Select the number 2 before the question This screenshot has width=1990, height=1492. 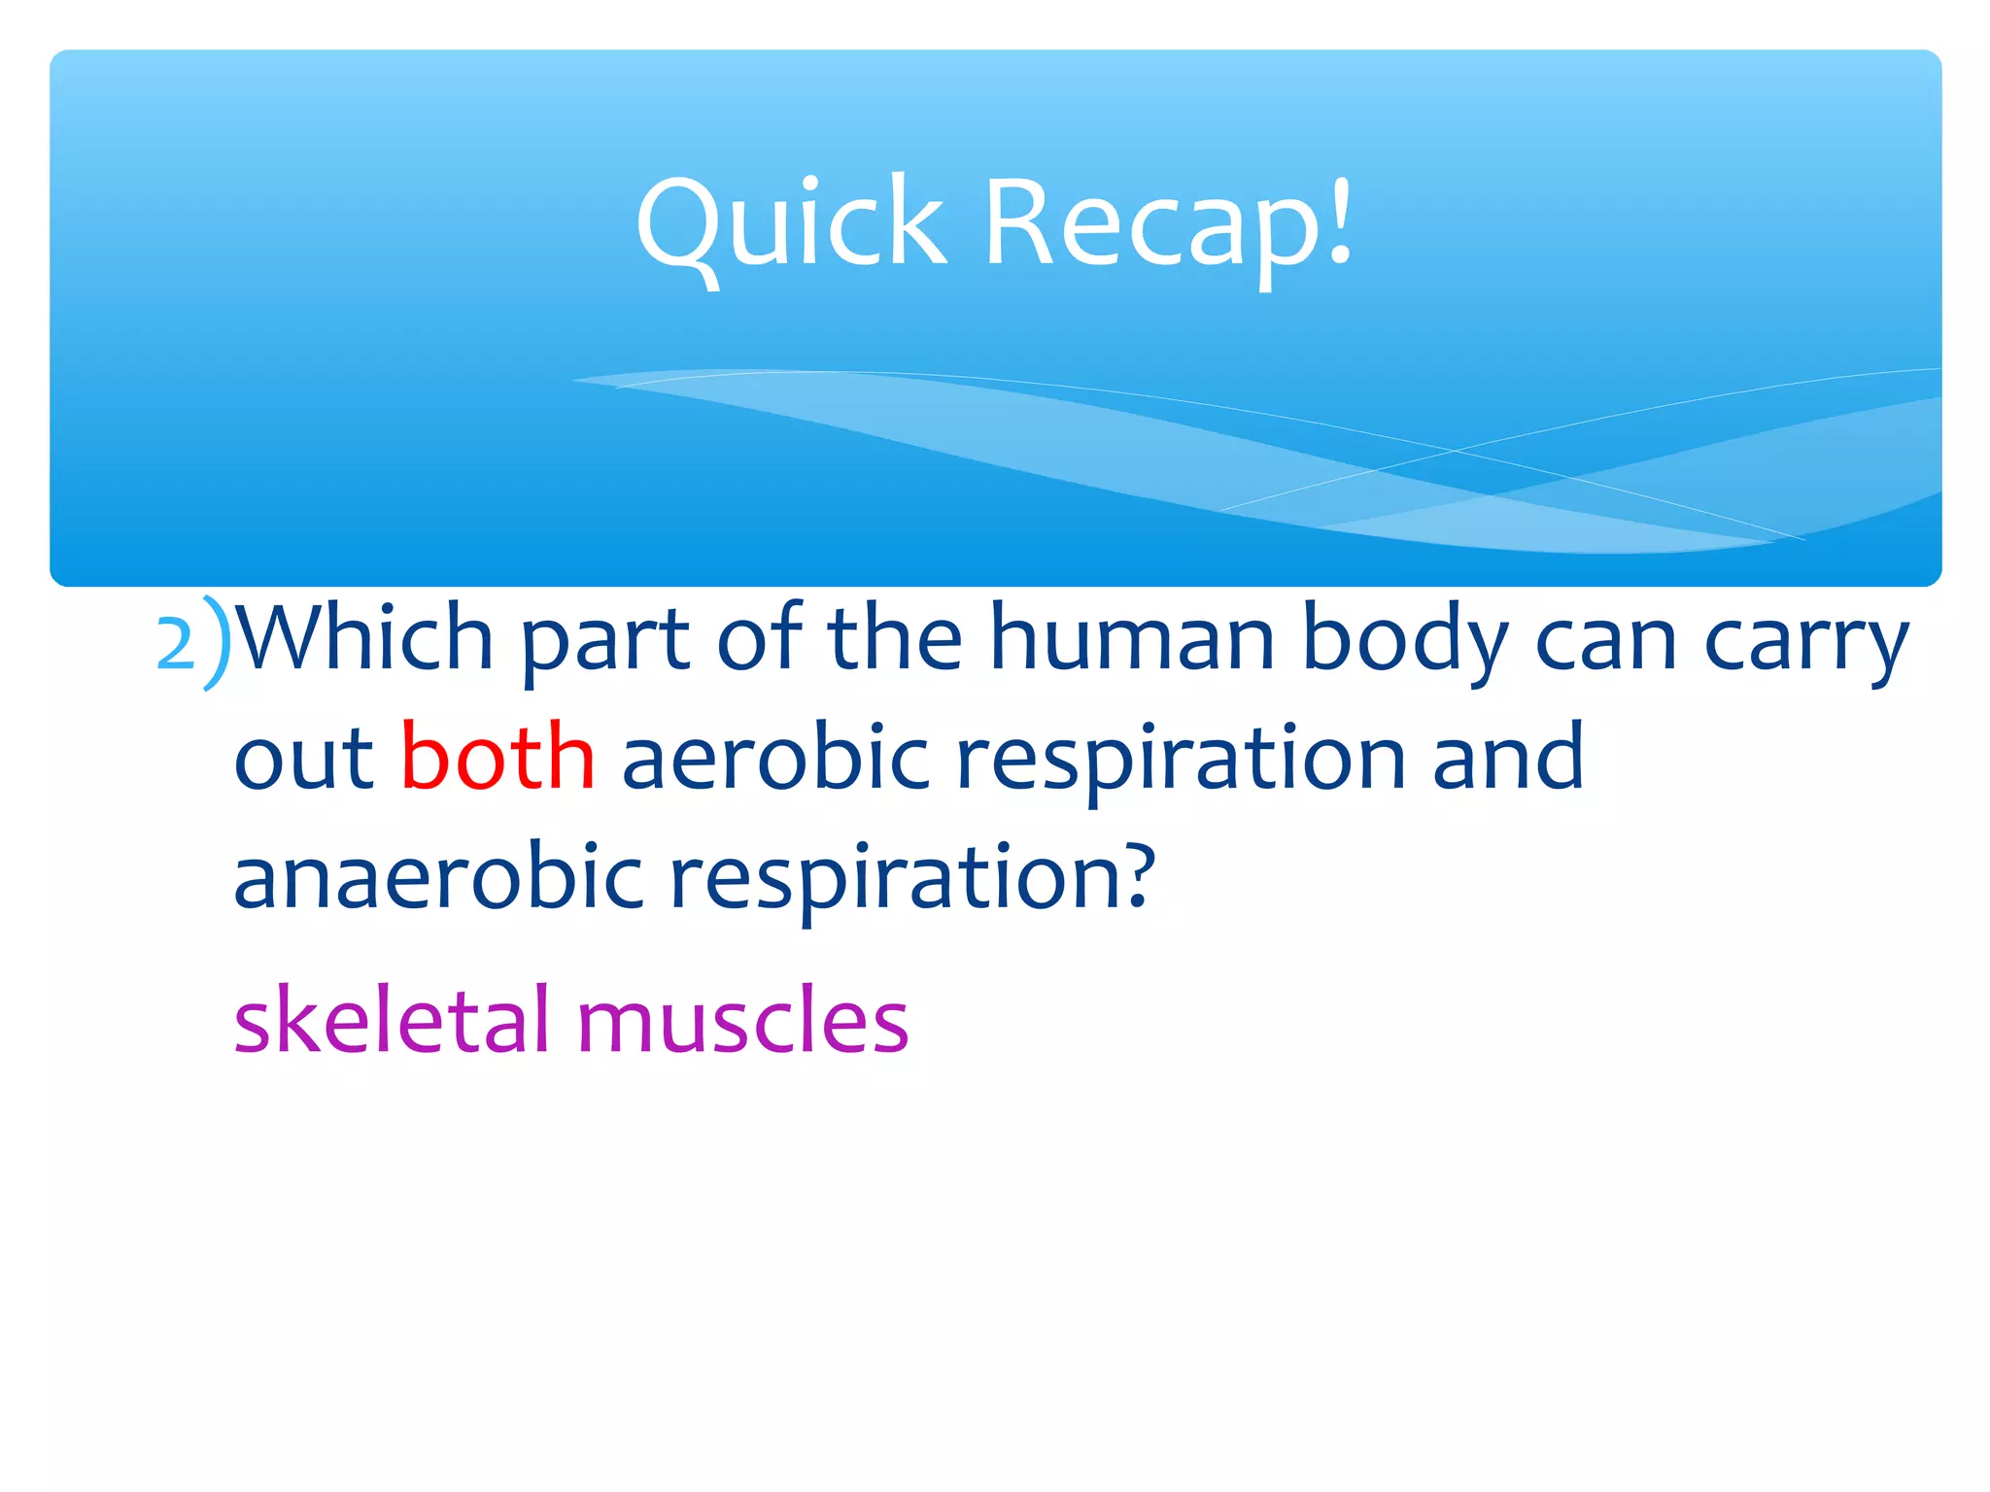pyautogui.click(x=176, y=645)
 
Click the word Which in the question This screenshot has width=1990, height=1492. pyautogui.click(x=365, y=639)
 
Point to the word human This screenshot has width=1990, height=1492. pyautogui.click(x=1131, y=639)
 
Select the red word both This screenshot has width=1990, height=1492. pyautogui.click(x=497, y=757)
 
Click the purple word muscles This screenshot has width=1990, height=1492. pyautogui.click(x=742, y=1021)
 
